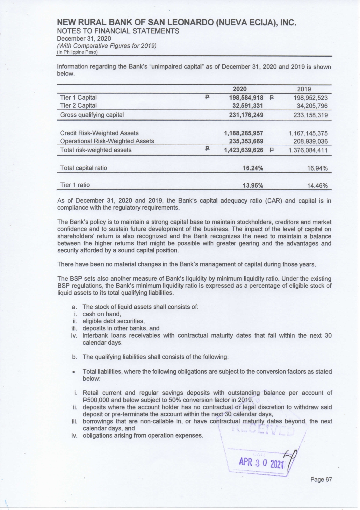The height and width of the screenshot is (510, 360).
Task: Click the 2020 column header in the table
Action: (x=240, y=89)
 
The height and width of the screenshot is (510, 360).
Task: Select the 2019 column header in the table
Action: (x=304, y=89)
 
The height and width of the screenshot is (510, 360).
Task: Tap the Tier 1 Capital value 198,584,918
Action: (x=246, y=98)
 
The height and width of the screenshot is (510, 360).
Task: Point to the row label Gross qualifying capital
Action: (x=92, y=115)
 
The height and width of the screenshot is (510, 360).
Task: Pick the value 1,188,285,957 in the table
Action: (x=244, y=133)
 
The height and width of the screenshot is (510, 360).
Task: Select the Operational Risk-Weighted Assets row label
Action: (x=107, y=141)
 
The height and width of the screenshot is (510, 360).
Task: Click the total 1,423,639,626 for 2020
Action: (x=244, y=150)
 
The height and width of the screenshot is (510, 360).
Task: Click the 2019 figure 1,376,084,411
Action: (x=308, y=150)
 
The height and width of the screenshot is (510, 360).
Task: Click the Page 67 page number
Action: (x=321, y=479)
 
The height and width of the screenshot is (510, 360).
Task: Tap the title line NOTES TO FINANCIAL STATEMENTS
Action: (x=118, y=31)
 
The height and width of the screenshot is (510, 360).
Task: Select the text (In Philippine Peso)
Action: (x=77, y=52)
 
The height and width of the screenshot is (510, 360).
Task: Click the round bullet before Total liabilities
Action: (x=75, y=372)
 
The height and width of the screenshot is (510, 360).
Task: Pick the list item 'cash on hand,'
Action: (x=102, y=314)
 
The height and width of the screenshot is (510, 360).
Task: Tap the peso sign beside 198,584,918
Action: (x=207, y=97)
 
